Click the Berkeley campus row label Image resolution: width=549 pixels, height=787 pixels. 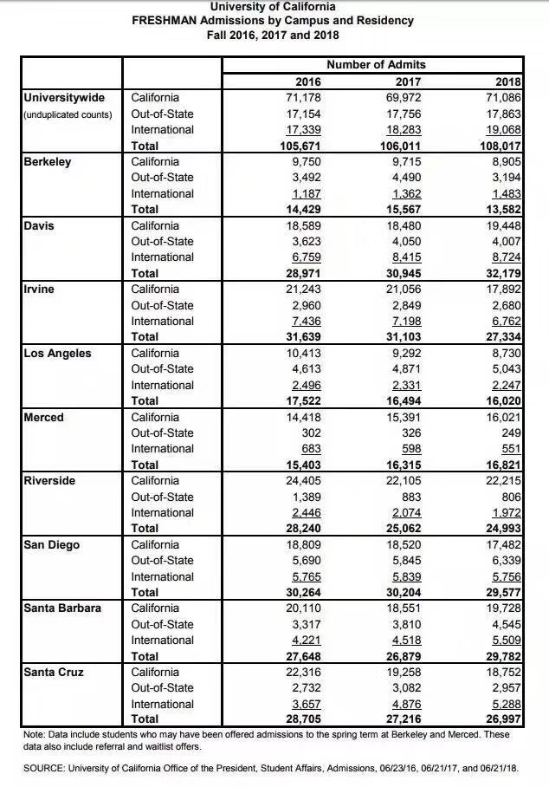(x=48, y=161)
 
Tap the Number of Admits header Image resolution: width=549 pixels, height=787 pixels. (x=376, y=65)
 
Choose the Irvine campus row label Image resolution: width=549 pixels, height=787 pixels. (x=41, y=289)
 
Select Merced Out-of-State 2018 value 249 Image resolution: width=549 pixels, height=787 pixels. (x=512, y=433)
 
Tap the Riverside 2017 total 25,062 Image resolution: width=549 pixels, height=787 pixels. (x=402, y=528)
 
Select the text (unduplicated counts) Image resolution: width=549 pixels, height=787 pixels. (x=68, y=114)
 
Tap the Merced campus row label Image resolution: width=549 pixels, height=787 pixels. (x=44, y=417)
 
